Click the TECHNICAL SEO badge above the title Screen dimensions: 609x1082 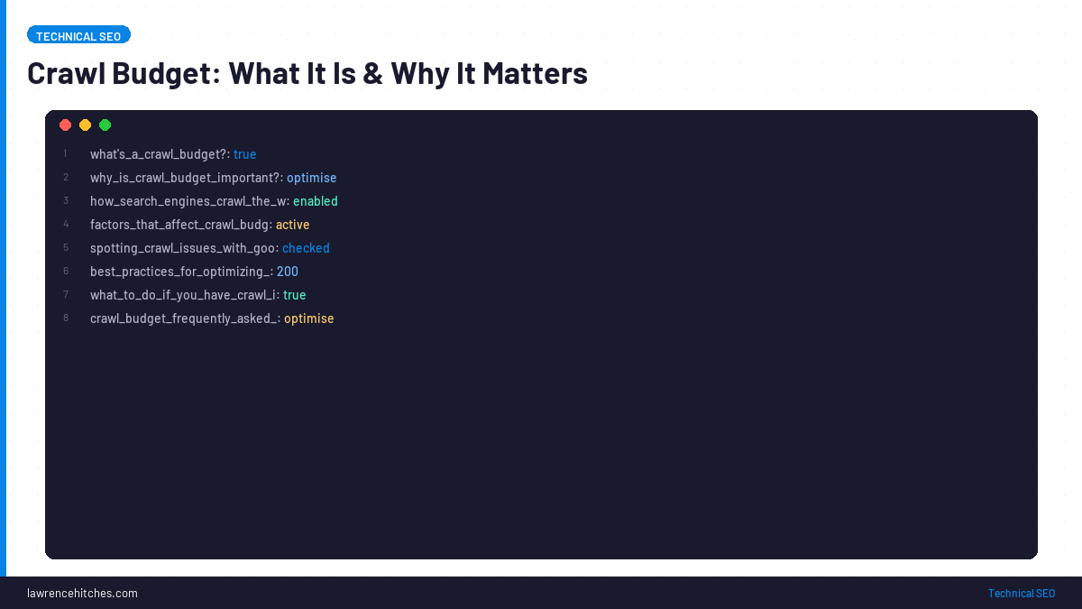78,35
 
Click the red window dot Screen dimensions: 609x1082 65,125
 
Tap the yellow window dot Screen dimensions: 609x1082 85,125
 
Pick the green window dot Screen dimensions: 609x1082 105,125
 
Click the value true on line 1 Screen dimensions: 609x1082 244,154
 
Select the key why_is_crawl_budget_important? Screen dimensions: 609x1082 185,178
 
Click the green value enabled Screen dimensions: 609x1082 315,201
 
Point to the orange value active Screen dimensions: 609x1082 292,225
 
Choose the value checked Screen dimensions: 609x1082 306,248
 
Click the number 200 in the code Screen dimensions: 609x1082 287,272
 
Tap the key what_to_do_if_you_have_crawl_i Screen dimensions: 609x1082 183,295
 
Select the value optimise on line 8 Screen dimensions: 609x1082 308,318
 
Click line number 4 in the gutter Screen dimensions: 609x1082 66,225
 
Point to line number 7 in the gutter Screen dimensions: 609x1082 66,295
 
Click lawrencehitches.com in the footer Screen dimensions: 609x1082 82,593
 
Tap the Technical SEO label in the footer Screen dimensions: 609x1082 1021,593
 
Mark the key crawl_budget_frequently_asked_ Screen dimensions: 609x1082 184,318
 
